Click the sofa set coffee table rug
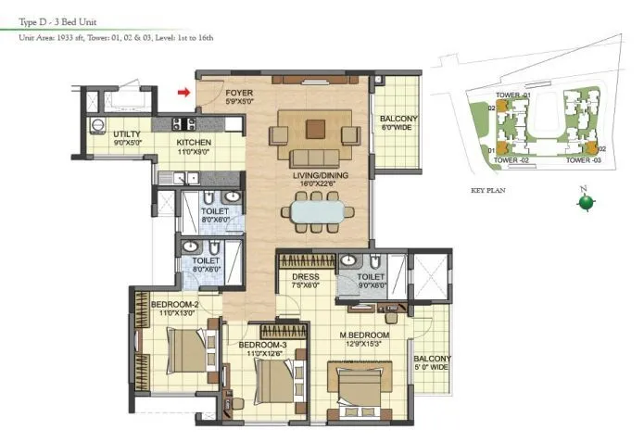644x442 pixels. [x=312, y=136]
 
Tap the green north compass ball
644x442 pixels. [x=584, y=203]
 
